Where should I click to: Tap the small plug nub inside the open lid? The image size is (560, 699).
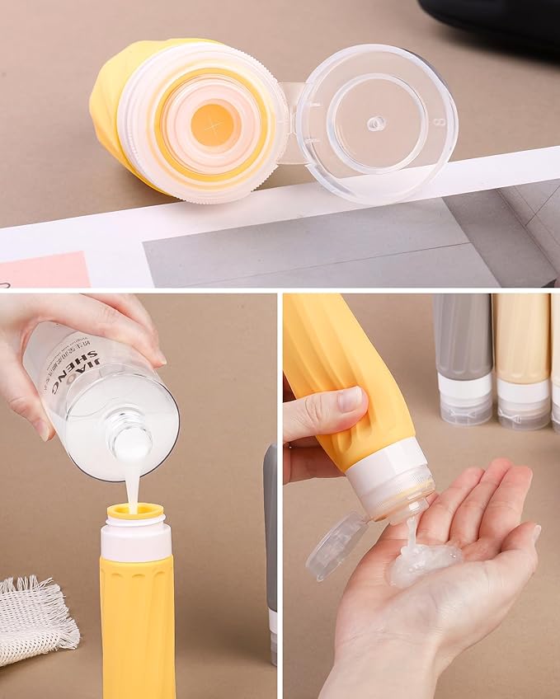[x=376, y=123]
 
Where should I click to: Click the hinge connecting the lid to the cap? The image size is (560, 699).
[x=289, y=124]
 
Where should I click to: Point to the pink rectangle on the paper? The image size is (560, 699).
[x=45, y=270]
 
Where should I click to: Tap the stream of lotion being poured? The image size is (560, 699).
[x=132, y=486]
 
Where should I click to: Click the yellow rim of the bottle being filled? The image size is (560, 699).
[x=135, y=511]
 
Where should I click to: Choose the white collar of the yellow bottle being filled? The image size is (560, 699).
[x=136, y=539]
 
